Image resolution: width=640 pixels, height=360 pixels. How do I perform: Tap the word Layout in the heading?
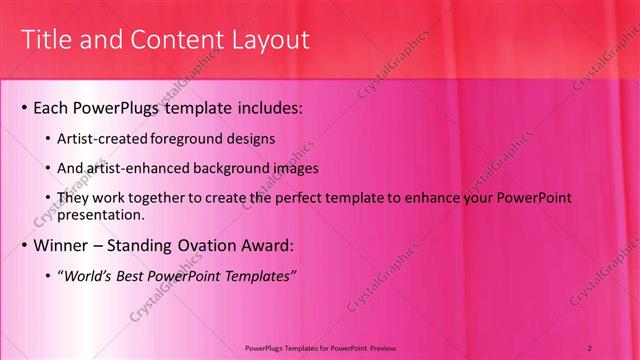coord(272,40)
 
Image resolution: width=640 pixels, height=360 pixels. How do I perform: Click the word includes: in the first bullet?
coord(265,106)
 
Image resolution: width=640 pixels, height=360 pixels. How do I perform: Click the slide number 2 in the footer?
coord(591,346)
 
